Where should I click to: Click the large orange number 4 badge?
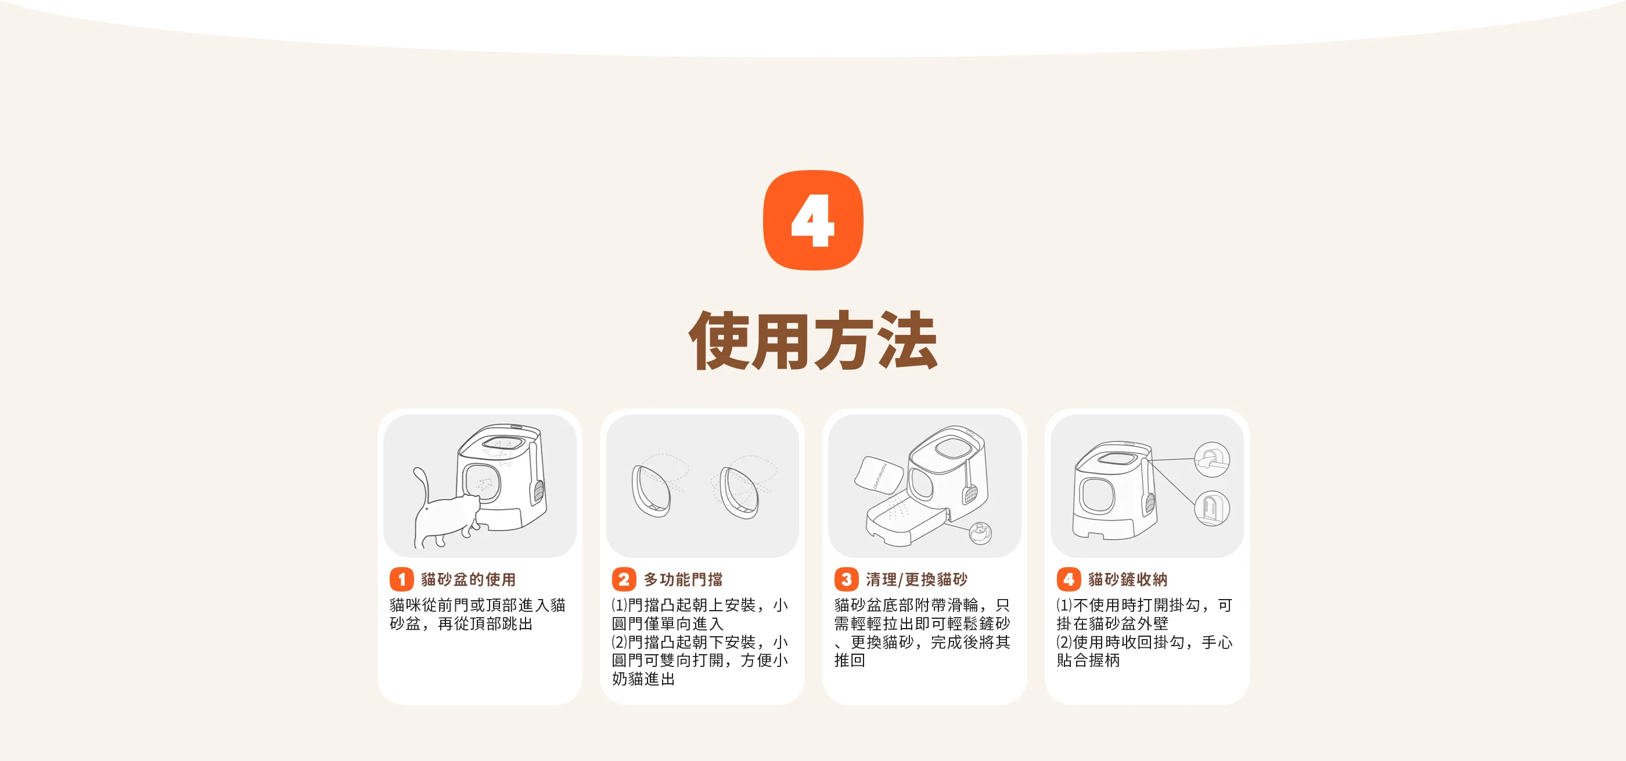tap(813, 220)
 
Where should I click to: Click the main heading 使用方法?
tap(813, 341)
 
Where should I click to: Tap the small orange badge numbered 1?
tap(401, 579)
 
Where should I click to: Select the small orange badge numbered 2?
tap(624, 579)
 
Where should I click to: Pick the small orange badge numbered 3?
tap(846, 579)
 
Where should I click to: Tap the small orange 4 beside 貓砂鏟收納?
tap(1068, 579)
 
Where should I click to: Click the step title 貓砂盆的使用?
tap(469, 579)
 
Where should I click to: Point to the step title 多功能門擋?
tap(683, 579)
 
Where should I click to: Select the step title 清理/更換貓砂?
tap(916, 579)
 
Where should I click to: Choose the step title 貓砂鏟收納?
tap(1127, 579)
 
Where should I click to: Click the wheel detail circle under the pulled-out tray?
tap(980, 533)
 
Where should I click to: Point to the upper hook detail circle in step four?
tap(1212, 459)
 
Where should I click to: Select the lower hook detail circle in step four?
tap(1212, 508)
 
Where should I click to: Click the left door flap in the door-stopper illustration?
tap(651, 492)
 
